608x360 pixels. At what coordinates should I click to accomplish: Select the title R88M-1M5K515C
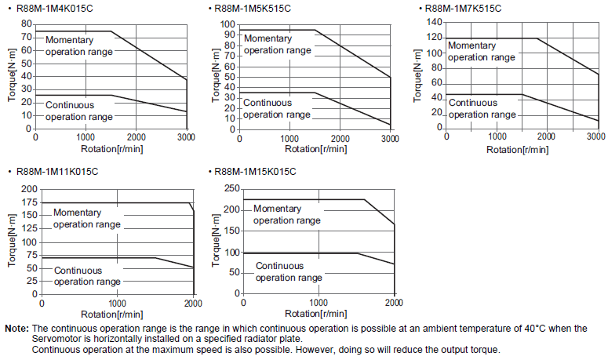tap(253, 9)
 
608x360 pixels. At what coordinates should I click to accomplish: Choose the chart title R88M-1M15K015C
tap(256, 172)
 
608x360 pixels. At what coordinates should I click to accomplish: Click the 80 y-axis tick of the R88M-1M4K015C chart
tap(27, 24)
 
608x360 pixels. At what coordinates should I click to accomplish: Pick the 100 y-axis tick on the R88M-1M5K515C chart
tap(228, 24)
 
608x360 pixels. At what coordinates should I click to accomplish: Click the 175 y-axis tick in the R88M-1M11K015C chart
tap(29, 203)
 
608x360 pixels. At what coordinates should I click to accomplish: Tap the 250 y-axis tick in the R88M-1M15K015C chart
tap(230, 188)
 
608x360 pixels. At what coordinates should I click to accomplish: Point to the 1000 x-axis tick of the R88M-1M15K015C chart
tap(319, 304)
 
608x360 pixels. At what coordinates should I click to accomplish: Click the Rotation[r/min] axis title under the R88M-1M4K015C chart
tap(111, 148)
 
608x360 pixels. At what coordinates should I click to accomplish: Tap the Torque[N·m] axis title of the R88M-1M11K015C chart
tap(12, 242)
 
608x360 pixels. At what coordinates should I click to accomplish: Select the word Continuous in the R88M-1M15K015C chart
tap(279, 266)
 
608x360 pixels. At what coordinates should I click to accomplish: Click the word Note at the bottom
tap(16, 328)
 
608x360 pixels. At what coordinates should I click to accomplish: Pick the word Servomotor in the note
tap(56, 339)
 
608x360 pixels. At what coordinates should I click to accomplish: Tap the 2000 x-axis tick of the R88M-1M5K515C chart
tap(340, 138)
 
